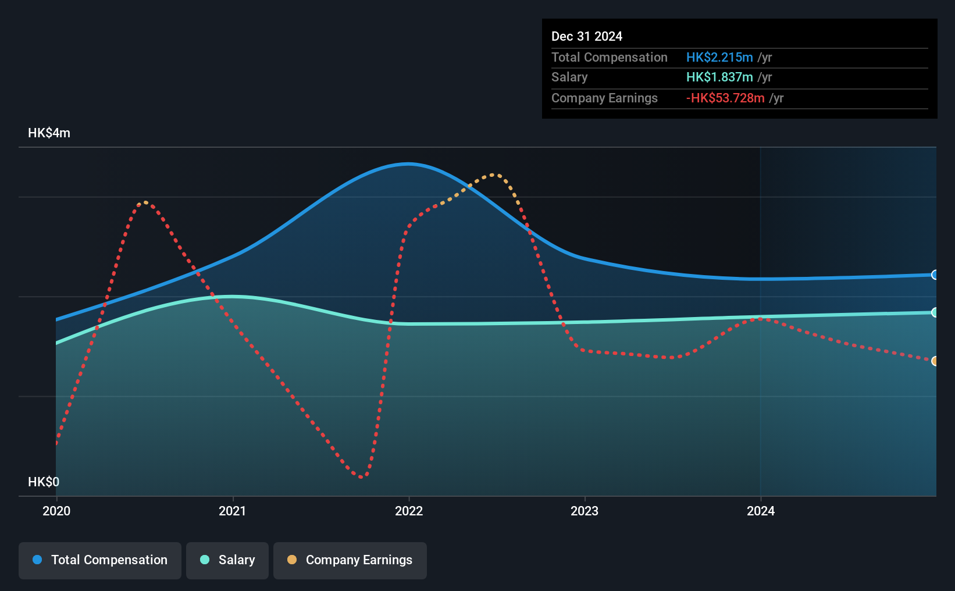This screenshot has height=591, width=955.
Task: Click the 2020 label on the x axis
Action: [x=56, y=511]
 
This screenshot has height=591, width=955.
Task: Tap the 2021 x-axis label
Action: [x=233, y=511]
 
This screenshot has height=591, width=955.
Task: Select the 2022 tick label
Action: [x=409, y=511]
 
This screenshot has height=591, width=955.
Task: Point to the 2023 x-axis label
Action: [x=585, y=511]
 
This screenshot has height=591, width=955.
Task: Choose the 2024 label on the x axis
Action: [x=761, y=511]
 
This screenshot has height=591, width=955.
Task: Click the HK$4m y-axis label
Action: [x=49, y=133]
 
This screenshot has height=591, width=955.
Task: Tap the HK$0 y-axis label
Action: [x=44, y=482]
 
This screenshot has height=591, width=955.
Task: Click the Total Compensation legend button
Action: [x=100, y=560]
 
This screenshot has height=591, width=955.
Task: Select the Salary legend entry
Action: [x=227, y=560]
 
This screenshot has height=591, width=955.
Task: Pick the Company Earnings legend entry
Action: [x=350, y=560]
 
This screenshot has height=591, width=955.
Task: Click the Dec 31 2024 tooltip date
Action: [x=587, y=37]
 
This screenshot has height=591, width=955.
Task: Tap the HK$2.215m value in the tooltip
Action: [x=719, y=58]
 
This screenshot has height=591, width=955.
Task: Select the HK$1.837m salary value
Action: [x=719, y=77]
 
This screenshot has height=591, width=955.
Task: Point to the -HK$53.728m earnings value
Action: [x=725, y=98]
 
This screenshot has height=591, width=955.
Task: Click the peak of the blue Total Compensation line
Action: [x=408, y=163]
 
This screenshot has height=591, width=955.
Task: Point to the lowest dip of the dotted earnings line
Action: [x=362, y=477]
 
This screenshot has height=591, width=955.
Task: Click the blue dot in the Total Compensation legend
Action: [x=37, y=560]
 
